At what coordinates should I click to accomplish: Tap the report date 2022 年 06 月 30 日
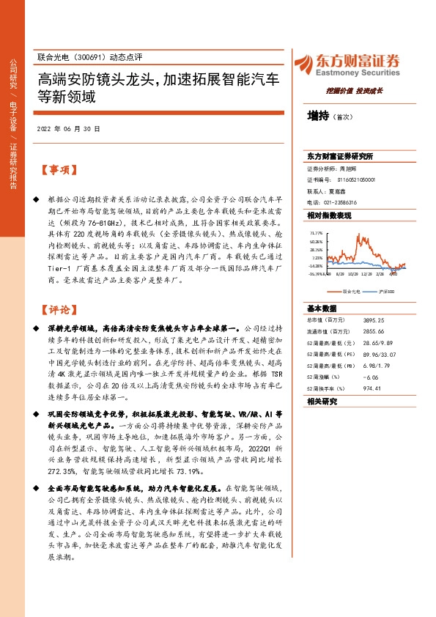[x=68, y=128]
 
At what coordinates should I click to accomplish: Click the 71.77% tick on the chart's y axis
[x=316, y=232]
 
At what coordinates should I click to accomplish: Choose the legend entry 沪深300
[x=387, y=292]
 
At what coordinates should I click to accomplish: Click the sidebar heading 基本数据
[x=322, y=308]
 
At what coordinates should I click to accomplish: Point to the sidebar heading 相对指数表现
[x=328, y=215]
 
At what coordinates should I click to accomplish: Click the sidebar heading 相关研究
[x=322, y=402]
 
